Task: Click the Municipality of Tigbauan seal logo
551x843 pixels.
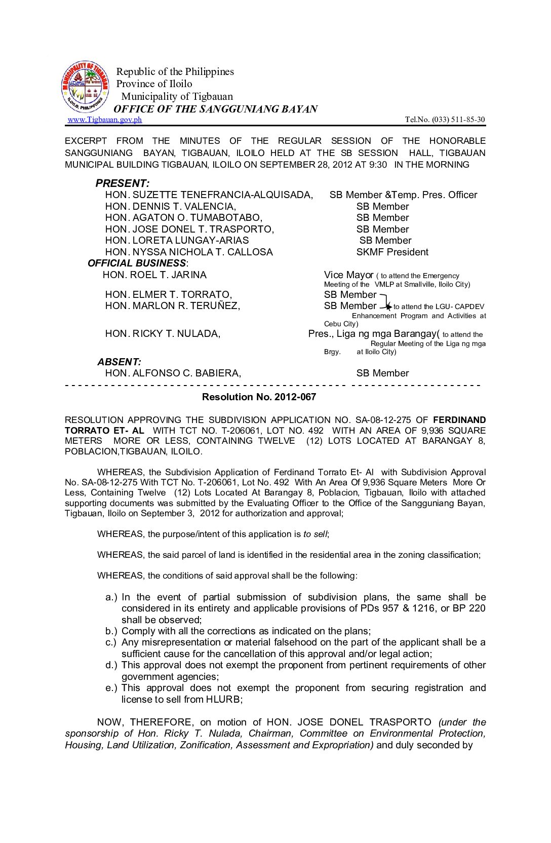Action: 85,87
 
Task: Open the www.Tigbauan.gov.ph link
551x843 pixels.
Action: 104,120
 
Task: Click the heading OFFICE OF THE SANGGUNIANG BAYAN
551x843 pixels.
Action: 215,109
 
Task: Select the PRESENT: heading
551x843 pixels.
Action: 123,183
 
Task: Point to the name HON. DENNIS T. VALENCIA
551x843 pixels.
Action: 171,206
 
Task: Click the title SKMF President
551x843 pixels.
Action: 392,252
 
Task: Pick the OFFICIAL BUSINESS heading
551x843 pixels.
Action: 137,263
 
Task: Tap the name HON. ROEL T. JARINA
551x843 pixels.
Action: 154,275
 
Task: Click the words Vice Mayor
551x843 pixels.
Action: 348,275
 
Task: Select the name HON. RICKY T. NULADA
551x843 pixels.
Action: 163,333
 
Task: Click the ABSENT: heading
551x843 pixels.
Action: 119,362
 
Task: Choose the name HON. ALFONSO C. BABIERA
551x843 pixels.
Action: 173,373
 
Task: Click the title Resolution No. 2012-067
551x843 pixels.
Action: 259,397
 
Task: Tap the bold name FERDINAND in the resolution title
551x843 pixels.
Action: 459,420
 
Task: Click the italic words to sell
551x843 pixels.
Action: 315,534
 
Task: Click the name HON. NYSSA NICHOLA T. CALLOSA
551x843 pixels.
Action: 189,252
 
